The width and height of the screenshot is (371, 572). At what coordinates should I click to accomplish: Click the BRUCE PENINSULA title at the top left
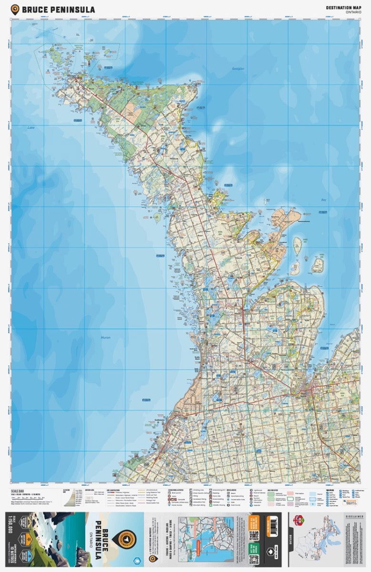pos(58,10)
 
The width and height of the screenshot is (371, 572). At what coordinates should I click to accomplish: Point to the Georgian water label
pos(238,69)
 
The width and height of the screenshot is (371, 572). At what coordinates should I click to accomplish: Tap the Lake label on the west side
pos(31,128)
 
